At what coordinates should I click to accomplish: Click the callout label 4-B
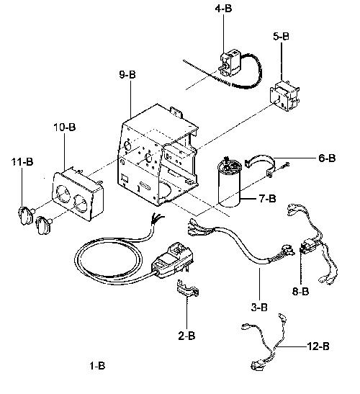tap(223, 9)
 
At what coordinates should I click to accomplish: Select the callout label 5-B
tap(281, 37)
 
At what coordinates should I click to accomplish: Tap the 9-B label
tap(127, 74)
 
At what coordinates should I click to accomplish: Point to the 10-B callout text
tap(65, 127)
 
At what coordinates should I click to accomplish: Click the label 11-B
tap(22, 162)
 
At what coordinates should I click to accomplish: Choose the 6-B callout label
tap(327, 158)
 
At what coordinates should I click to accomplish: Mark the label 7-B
tap(267, 199)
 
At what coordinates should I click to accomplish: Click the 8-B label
tap(300, 291)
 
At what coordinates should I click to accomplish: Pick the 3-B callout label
tap(259, 307)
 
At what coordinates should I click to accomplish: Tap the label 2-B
tap(186, 336)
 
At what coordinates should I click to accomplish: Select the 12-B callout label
tap(318, 346)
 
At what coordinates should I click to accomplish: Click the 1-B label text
tap(97, 366)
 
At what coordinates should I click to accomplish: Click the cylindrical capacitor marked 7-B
tap(229, 184)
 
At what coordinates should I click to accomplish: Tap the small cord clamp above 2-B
tap(187, 288)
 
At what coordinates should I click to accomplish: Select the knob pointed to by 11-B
tap(25, 215)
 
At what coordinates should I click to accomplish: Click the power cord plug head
tap(173, 261)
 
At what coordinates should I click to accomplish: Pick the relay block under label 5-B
tap(284, 96)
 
